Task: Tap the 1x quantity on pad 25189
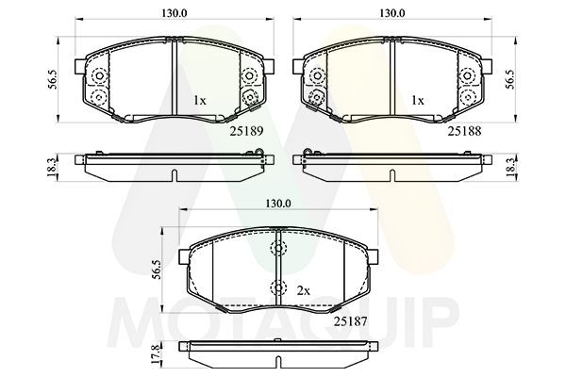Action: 200,99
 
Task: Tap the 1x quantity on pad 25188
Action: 416,99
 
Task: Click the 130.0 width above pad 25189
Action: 172,14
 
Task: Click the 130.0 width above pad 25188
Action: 391,14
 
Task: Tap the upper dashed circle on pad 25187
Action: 277,249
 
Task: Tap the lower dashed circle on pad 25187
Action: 277,289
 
